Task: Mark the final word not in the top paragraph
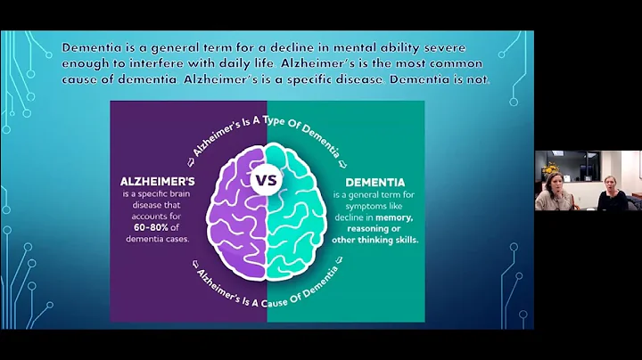[x=479, y=82]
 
